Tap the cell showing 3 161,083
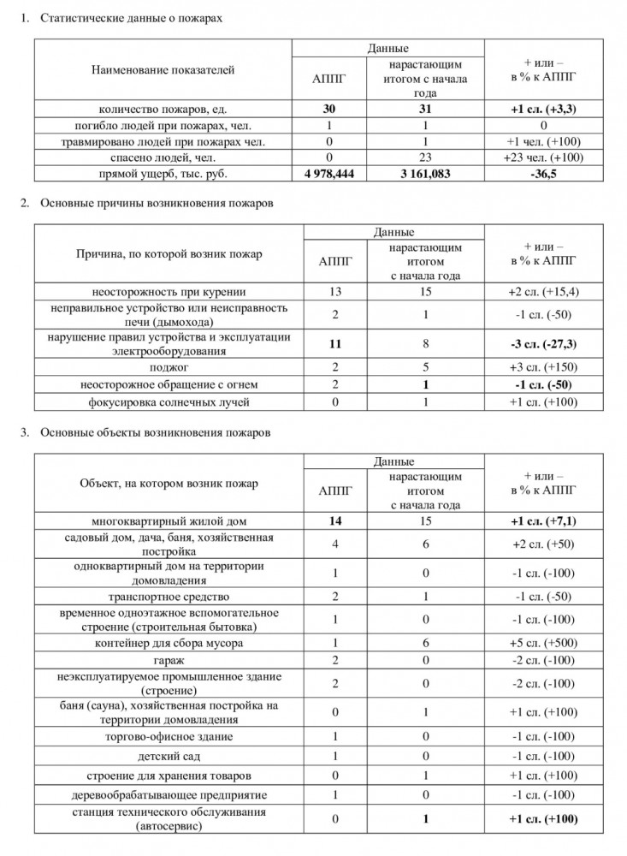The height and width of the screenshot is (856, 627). [426, 174]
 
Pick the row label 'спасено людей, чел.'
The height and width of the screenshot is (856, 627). [163, 158]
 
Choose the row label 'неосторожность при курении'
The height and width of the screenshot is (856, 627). [163, 292]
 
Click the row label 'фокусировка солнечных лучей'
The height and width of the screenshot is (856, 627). [163, 402]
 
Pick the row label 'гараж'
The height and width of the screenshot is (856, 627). [163, 661]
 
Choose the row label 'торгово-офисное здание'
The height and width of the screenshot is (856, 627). [163, 736]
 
